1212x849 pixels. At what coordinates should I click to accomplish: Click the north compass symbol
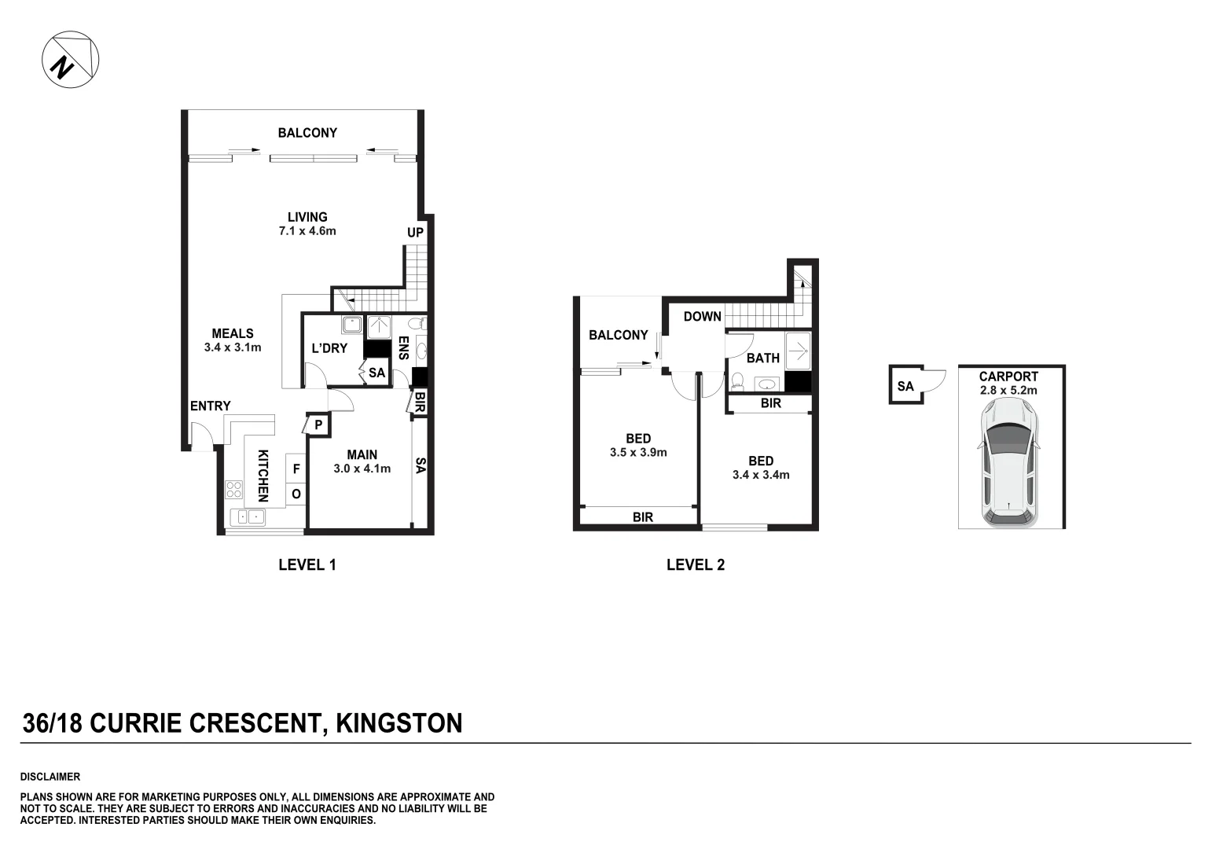71,60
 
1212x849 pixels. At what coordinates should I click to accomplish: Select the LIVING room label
307,217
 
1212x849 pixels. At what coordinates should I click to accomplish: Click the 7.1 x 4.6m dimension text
307,231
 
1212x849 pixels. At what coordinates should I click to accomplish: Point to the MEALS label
232,333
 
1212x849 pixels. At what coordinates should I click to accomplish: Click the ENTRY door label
210,406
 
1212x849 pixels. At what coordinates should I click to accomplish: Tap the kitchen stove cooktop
233,489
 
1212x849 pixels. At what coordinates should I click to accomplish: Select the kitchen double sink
248,516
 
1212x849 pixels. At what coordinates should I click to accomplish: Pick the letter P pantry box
318,424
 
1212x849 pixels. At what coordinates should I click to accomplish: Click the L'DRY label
329,348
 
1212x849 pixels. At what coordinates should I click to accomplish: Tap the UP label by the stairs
415,233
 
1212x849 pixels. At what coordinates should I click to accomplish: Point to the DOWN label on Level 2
702,317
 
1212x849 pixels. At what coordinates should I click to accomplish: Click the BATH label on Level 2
762,358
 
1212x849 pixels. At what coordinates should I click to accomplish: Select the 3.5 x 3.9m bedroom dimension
638,453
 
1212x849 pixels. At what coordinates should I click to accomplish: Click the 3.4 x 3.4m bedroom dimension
761,475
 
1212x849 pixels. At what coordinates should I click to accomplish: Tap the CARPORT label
1008,377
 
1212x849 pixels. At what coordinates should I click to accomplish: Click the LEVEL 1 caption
307,564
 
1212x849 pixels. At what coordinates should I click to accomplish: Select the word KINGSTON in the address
399,722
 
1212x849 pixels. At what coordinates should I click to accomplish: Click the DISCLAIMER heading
50,777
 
